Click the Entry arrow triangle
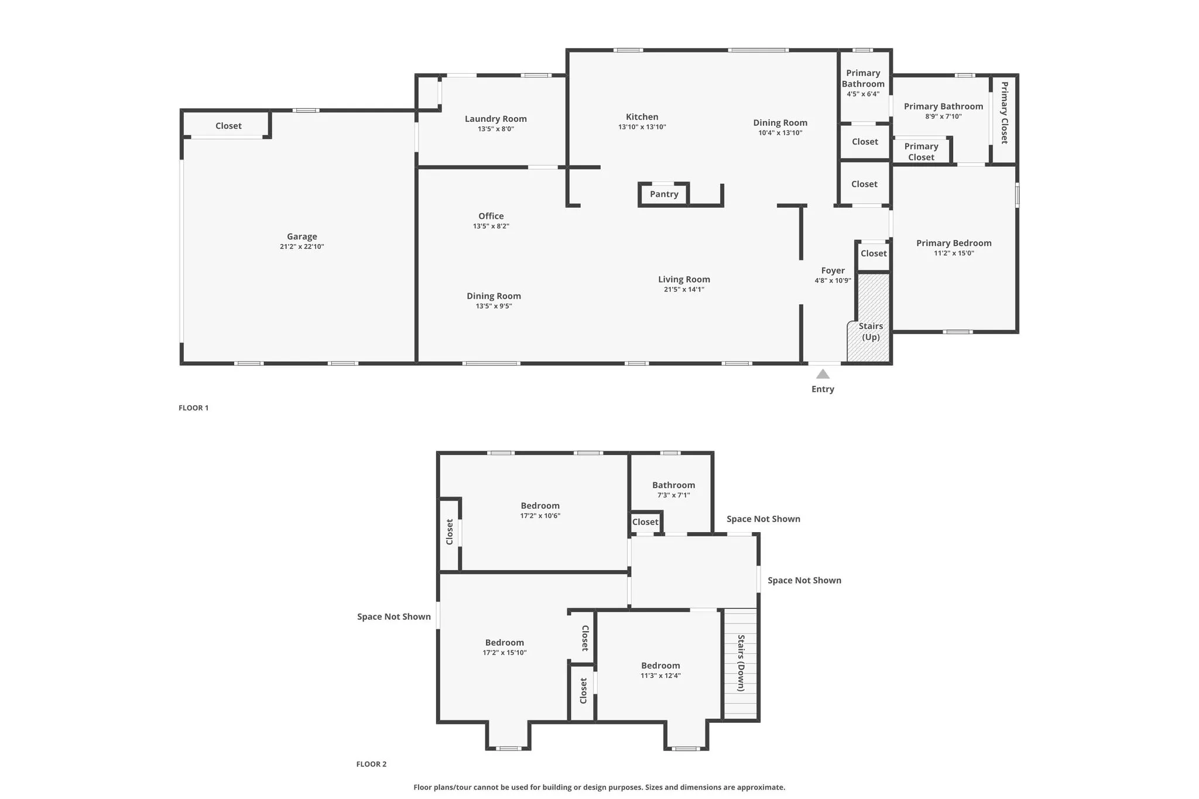click(x=823, y=374)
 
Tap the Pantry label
click(x=664, y=194)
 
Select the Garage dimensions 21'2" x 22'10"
click(x=302, y=247)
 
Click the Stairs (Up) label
click(x=871, y=331)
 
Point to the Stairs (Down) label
click(x=741, y=663)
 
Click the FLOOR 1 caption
click(x=193, y=408)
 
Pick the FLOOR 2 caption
click(x=371, y=764)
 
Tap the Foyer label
click(x=833, y=270)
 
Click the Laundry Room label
click(x=495, y=119)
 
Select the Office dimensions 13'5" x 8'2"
click(x=491, y=227)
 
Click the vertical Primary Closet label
click(x=1004, y=112)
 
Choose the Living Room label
click(x=684, y=279)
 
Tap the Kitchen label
click(x=642, y=117)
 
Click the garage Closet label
click(x=228, y=126)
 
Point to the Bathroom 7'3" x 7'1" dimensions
click(x=673, y=495)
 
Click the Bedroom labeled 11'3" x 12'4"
click(x=660, y=666)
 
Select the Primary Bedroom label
click(x=954, y=243)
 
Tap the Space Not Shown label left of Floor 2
click(x=393, y=616)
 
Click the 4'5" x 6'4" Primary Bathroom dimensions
click(x=863, y=94)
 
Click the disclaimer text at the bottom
click(x=599, y=787)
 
